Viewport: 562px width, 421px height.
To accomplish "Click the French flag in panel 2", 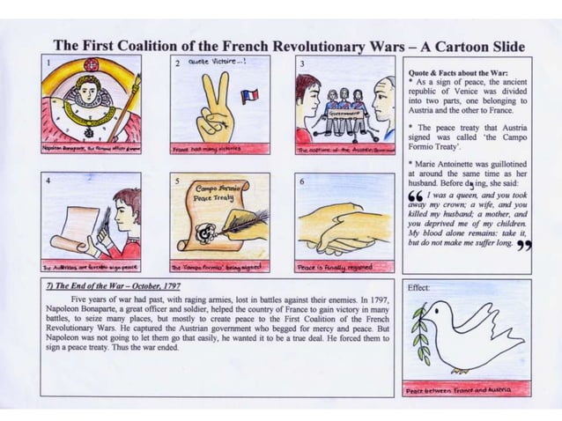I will click(x=249, y=94).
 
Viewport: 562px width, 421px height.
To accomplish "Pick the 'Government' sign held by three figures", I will click(x=344, y=114).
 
